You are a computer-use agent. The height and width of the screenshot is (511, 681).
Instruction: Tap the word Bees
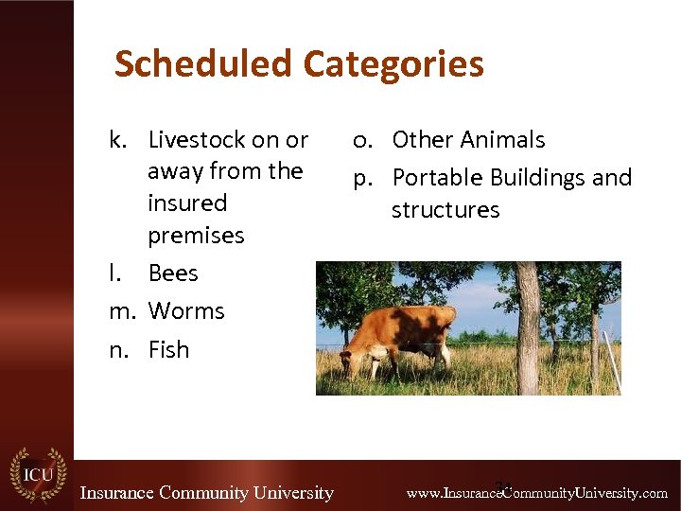(x=173, y=273)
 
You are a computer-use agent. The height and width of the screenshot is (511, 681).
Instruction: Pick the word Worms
(x=186, y=311)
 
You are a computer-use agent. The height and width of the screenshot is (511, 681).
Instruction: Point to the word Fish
(x=169, y=350)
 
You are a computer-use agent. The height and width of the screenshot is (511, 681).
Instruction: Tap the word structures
(x=445, y=209)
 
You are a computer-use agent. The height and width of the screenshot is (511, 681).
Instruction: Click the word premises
(x=196, y=236)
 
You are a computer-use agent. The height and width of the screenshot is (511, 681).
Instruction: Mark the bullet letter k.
(x=118, y=140)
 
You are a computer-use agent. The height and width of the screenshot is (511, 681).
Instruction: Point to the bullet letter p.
(x=361, y=179)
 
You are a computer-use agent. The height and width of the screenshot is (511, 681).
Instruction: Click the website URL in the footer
(x=536, y=493)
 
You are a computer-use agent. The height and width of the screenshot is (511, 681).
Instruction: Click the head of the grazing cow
(x=356, y=360)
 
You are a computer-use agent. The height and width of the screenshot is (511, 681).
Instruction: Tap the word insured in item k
(x=187, y=203)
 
